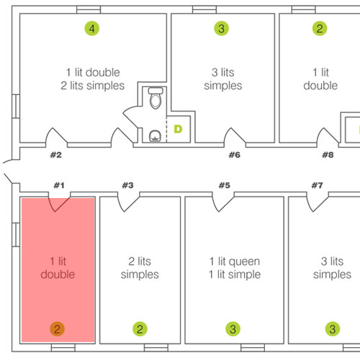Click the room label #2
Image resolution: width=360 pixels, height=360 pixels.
[56, 155]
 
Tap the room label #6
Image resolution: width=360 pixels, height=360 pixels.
[235, 155]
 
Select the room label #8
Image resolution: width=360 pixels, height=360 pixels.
[328, 155]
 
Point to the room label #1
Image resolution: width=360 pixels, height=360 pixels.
[59, 185]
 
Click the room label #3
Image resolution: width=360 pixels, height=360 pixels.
[127, 185]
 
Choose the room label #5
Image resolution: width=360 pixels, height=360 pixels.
[225, 185]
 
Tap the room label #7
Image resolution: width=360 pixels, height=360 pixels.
[318, 185]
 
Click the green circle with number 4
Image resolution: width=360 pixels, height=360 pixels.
[92, 28]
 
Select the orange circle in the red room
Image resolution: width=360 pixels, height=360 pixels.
[57, 329]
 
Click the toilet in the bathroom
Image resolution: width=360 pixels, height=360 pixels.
[156, 98]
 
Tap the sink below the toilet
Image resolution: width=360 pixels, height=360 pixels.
[155, 136]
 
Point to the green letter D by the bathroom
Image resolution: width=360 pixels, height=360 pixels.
[178, 129]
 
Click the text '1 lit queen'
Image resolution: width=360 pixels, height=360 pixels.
[235, 261]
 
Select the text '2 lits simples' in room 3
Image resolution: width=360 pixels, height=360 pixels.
[140, 268]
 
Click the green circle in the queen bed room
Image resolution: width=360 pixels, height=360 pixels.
[233, 329]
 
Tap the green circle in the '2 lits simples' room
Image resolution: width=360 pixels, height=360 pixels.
[140, 329]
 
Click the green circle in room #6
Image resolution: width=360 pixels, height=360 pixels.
[221, 28]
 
